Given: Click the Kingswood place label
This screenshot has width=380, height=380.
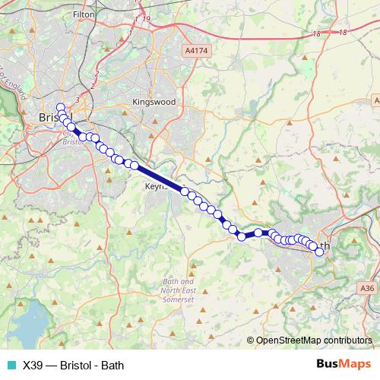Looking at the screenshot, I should pos(154,101).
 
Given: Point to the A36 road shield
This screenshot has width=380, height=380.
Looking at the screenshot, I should pos(368,288).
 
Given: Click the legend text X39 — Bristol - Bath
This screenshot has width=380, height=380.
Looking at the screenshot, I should pos(73,365).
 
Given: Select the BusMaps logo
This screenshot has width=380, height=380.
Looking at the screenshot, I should pos(344,364).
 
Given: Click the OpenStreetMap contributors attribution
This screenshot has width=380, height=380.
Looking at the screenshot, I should pos(313,340).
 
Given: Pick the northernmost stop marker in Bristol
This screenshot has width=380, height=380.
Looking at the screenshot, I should pos(61,107).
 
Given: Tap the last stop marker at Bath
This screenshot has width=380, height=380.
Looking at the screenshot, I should pos(319,252).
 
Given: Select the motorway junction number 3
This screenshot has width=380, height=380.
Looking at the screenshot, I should pos(78,99).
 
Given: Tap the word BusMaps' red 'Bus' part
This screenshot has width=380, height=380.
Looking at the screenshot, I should pos(328,364).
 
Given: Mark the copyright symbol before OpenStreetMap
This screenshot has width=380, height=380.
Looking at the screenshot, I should pos(251,340).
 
